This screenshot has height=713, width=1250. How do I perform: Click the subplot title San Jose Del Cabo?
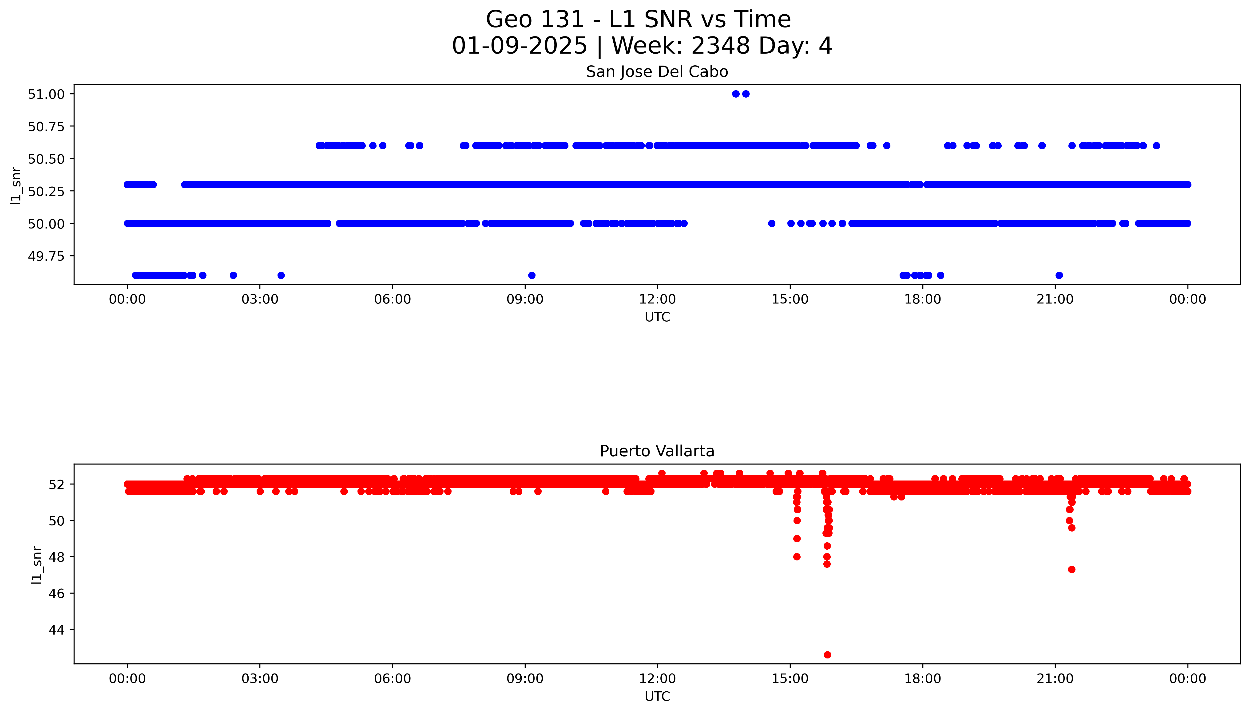pos(657,72)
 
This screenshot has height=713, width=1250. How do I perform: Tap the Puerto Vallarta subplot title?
pos(657,451)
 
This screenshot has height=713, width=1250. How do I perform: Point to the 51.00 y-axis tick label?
pos(46,94)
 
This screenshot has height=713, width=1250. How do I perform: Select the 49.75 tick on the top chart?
pos(46,256)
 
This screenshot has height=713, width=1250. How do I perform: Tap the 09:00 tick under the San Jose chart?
pos(525,299)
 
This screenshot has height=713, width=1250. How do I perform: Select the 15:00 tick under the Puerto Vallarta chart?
pos(790,679)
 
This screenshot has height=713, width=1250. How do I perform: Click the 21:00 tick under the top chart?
pos(1055,299)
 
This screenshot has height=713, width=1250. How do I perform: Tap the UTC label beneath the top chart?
pos(657,317)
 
